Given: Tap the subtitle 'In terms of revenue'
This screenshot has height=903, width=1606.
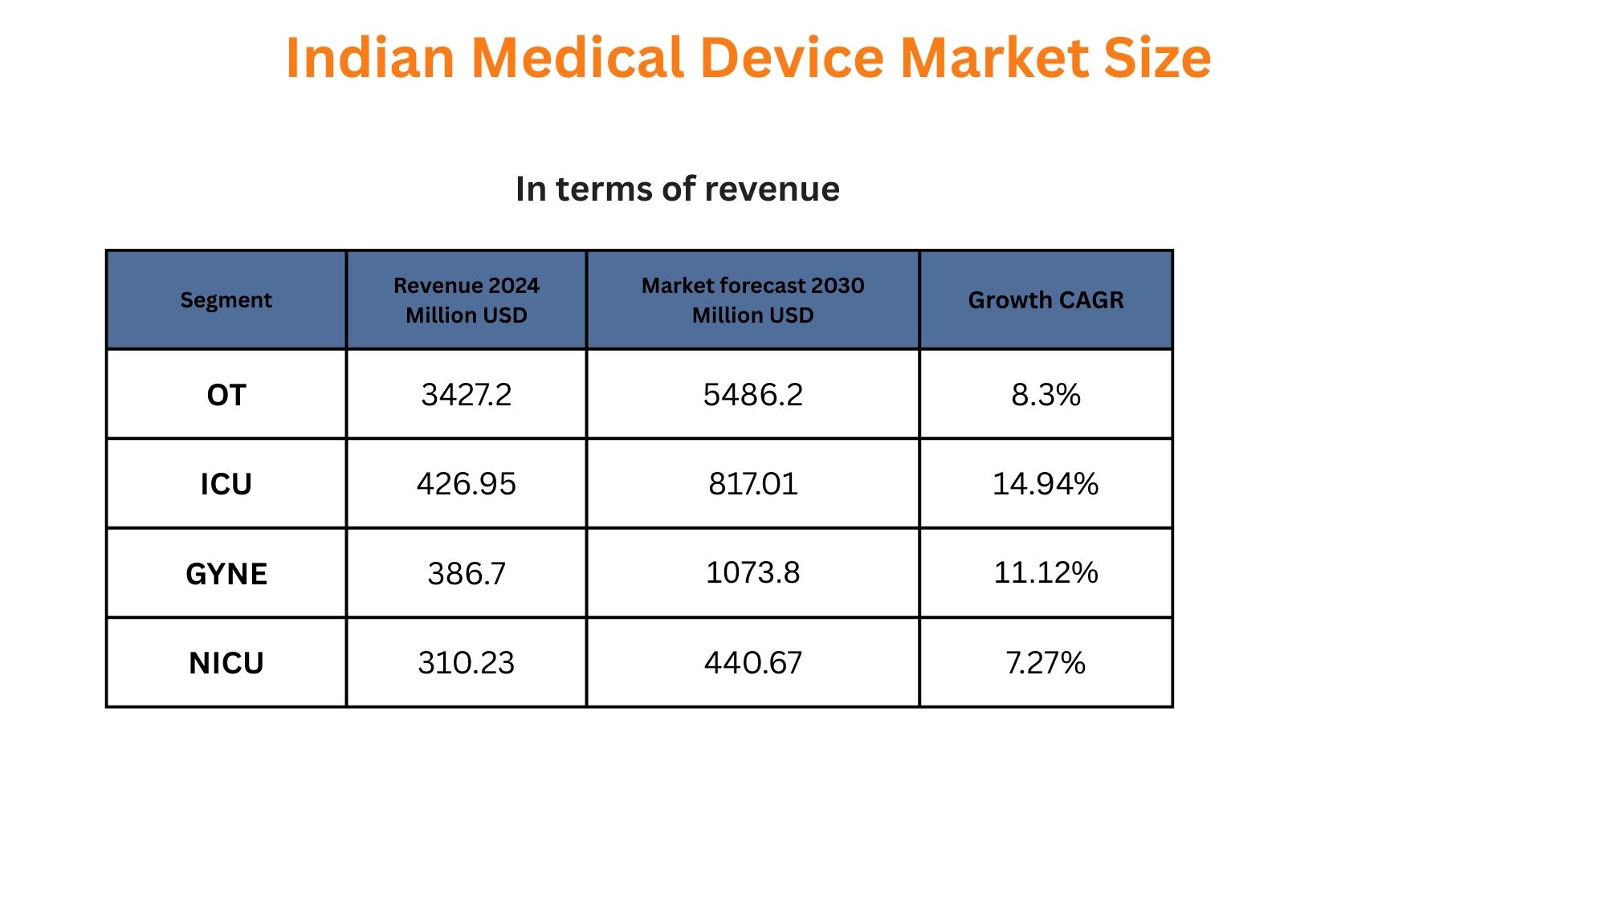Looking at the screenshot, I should point(677,189).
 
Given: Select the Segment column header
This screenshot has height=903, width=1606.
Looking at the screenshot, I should point(226,300).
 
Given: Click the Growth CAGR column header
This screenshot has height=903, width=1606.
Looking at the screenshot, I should point(1046,300).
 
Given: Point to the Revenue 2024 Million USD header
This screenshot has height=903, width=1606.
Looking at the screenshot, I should point(466,300).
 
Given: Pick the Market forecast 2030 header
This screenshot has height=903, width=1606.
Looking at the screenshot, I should point(752,300).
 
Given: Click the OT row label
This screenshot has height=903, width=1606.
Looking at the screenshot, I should point(226,395).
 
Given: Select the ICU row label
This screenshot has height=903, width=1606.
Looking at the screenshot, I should point(226,484).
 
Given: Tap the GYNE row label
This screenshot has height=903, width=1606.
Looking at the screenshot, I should point(226,574).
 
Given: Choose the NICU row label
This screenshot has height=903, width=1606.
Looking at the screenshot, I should point(226,663).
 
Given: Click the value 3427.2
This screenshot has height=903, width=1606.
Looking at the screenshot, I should point(466,395).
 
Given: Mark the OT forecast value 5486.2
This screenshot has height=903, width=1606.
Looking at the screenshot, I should point(752,395).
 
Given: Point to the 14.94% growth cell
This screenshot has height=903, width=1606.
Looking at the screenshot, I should point(1046,484).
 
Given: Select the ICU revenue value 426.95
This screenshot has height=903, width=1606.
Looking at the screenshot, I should point(466,484).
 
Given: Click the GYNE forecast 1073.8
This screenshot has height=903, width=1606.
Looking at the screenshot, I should point(752,573).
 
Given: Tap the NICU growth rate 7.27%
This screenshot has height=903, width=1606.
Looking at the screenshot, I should point(1046,663).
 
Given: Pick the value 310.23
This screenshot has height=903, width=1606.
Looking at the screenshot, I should point(466,663).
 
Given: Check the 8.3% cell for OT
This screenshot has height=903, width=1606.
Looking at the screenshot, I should point(1046,395).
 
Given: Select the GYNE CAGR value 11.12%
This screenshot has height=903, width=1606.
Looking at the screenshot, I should point(1046,573).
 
